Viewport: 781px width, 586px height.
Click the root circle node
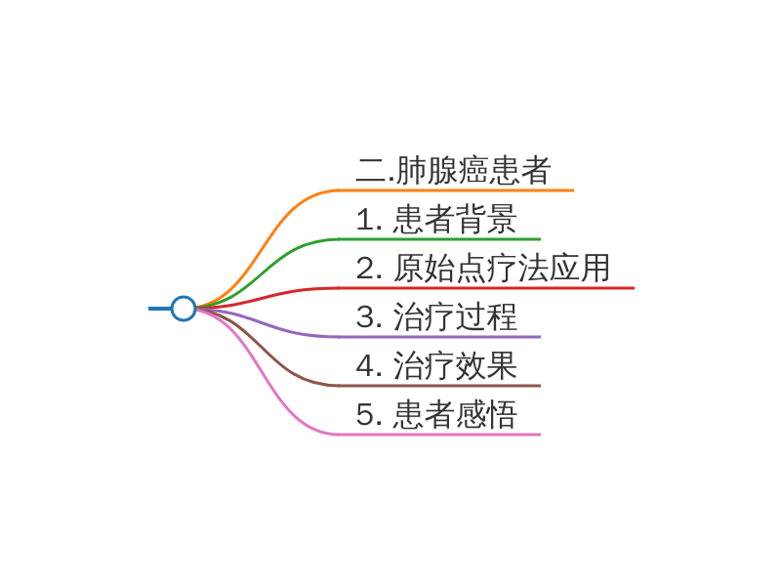click(184, 309)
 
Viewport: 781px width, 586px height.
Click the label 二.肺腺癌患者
click(454, 171)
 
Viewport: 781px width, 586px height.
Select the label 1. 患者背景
click(436, 220)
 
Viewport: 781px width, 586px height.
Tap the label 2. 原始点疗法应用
click(483, 269)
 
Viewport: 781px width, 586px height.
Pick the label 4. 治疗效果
click(436, 366)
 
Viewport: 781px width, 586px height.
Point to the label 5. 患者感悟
click(436, 415)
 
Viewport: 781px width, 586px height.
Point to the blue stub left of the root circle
click(159, 309)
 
